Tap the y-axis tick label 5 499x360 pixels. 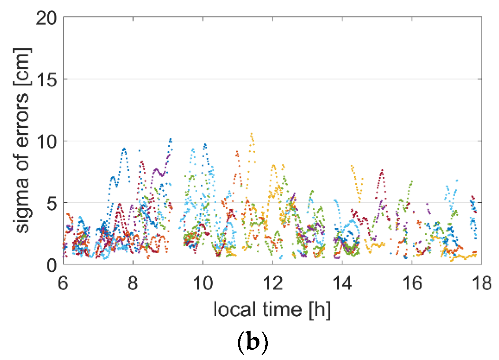pos(52,203)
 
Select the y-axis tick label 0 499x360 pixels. pos(52,265)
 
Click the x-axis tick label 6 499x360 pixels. pos(63,283)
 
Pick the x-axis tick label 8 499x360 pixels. pos(133,283)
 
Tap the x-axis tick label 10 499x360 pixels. pos(203,283)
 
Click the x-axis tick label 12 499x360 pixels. pos(273,283)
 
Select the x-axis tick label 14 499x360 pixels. pos(342,283)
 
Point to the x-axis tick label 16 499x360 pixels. pos(412,283)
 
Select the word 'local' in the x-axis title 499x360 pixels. pos(232,309)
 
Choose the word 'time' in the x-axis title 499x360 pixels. pos(277,309)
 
